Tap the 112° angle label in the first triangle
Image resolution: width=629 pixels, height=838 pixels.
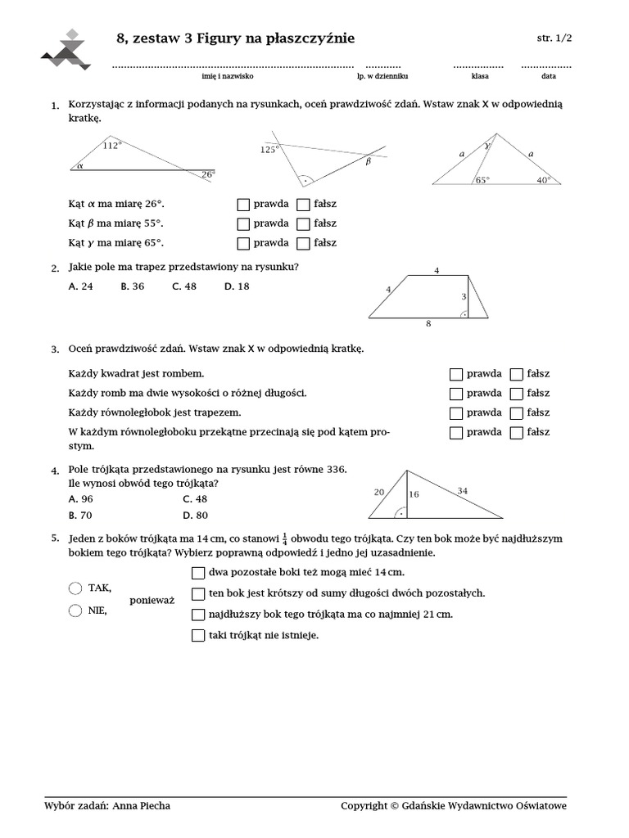point(112,146)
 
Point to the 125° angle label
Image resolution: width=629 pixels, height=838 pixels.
point(269,150)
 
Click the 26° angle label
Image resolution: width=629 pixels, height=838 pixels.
point(208,174)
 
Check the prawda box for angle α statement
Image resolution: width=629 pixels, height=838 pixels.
point(242,204)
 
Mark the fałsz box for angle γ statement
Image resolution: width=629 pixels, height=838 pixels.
point(303,243)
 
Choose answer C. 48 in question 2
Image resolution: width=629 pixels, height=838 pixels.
point(184,286)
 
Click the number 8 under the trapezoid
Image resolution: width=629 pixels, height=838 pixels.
point(428,324)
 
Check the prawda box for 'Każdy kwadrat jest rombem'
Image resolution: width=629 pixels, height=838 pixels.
point(456,374)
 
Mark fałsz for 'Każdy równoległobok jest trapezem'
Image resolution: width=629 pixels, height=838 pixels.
point(516,412)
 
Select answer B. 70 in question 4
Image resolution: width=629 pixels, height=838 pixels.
point(81,516)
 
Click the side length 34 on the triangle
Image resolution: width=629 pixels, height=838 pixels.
point(463,491)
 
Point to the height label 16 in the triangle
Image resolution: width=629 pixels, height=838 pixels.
point(414,494)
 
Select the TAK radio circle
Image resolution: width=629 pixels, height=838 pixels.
point(76,588)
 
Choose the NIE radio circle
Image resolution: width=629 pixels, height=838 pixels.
point(76,610)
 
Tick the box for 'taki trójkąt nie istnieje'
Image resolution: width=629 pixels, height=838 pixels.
point(197,634)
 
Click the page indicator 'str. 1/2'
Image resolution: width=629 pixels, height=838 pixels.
point(554,38)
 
